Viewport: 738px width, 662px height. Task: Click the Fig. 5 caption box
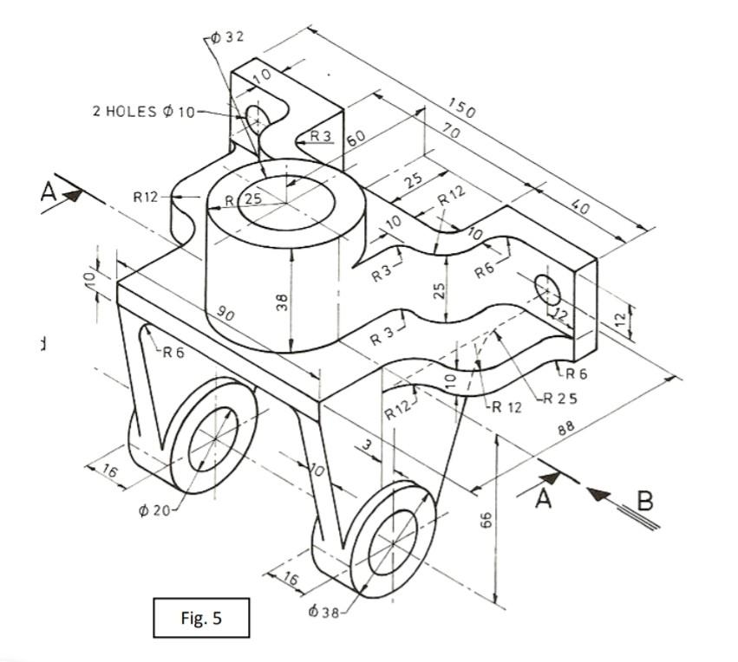point(200,618)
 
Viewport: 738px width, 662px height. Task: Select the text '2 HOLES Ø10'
point(144,112)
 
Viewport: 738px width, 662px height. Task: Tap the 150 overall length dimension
point(461,108)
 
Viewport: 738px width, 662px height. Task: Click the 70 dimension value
point(450,132)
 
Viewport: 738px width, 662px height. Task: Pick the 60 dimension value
point(356,140)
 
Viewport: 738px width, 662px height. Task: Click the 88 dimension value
point(567,427)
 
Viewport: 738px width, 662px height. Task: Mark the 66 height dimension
point(487,519)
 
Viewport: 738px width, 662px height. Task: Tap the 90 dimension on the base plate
point(225,314)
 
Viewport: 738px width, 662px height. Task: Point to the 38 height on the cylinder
point(281,304)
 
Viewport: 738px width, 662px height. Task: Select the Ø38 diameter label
point(325,612)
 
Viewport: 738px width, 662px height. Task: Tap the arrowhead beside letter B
point(599,493)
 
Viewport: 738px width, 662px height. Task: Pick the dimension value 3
point(368,445)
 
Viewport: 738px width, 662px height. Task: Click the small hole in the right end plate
point(547,289)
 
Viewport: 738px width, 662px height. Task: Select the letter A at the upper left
point(49,192)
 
